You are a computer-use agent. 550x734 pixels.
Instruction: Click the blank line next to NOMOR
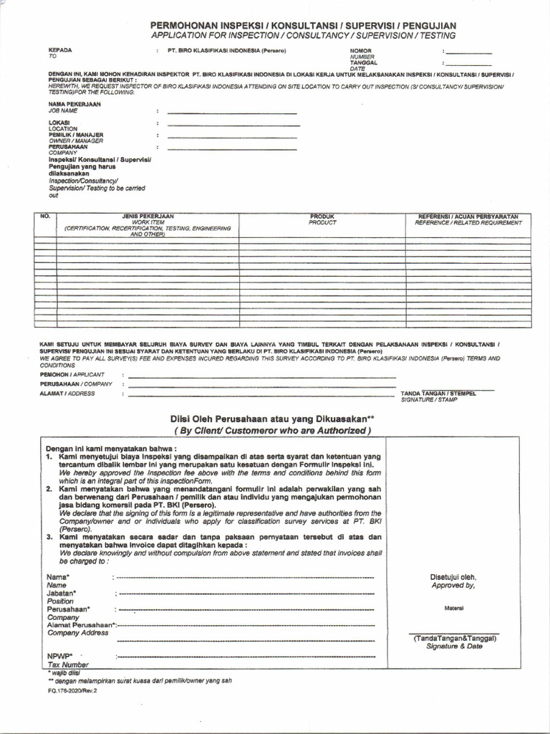click(468, 54)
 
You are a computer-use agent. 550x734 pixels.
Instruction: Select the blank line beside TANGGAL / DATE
click(468, 65)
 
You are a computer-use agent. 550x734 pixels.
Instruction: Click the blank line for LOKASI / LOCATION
click(233, 125)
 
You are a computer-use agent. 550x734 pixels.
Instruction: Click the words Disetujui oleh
click(453, 577)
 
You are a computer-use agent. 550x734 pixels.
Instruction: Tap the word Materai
click(453, 609)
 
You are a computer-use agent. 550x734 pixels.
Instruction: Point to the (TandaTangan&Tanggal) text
click(455, 638)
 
